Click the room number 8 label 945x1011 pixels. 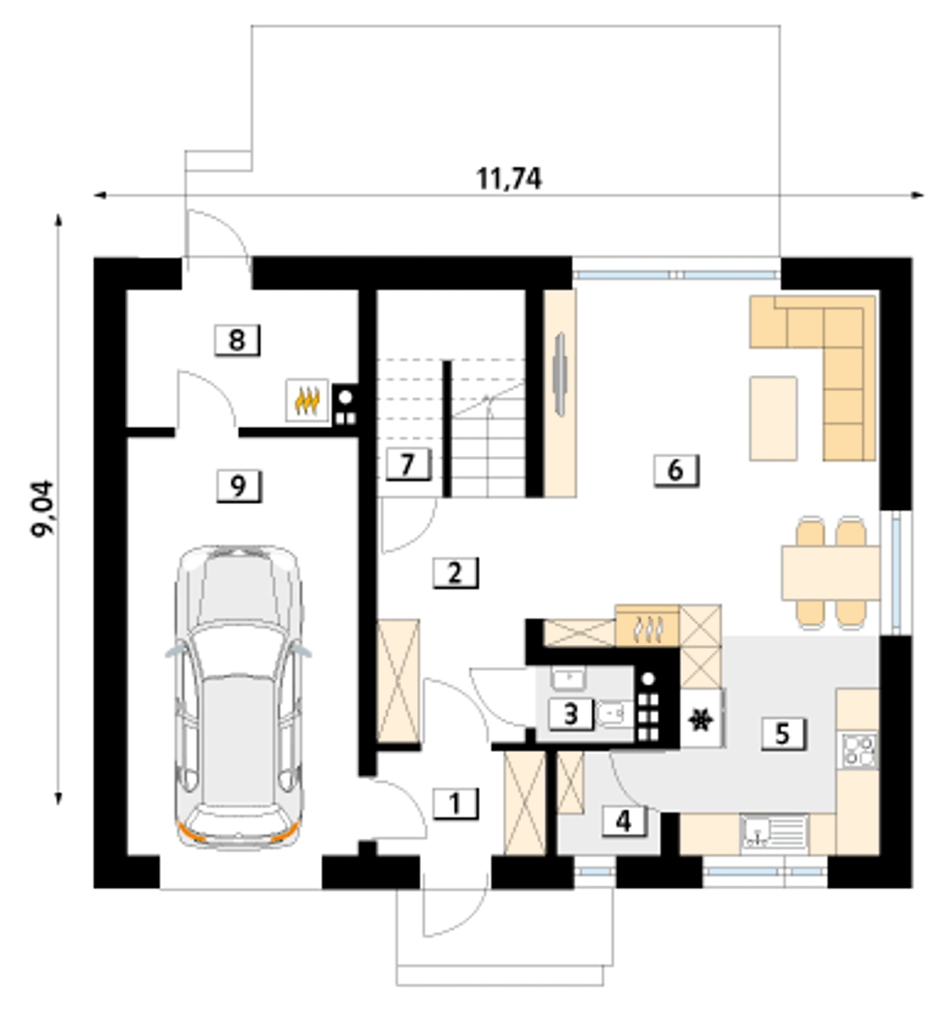(237, 339)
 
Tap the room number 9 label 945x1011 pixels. (238, 486)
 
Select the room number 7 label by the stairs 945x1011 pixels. (408, 463)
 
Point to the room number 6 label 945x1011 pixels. (676, 470)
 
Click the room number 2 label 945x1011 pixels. (455, 573)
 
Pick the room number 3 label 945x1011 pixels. (571, 714)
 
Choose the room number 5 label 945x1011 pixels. (783, 734)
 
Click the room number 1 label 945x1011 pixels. (455, 804)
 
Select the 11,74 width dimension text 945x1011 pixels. (509, 179)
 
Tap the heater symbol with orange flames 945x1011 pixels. (306, 400)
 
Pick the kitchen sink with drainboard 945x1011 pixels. (774, 833)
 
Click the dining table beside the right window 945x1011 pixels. (831, 572)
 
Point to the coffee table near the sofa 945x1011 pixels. (773, 418)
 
